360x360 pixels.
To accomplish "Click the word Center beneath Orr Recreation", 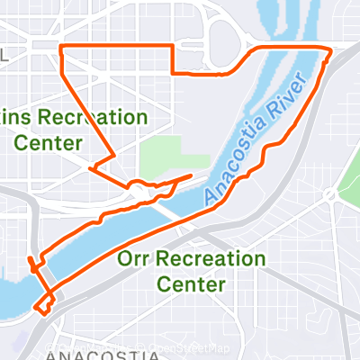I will pyautogui.click(x=192, y=284).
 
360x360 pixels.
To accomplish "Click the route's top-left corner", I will pyautogui.click(x=59, y=45).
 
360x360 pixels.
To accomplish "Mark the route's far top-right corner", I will pyautogui.click(x=330, y=48).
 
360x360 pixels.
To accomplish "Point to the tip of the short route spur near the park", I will pyautogui.click(x=191, y=175).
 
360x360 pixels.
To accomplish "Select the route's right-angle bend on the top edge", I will pyautogui.click(x=172, y=46).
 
